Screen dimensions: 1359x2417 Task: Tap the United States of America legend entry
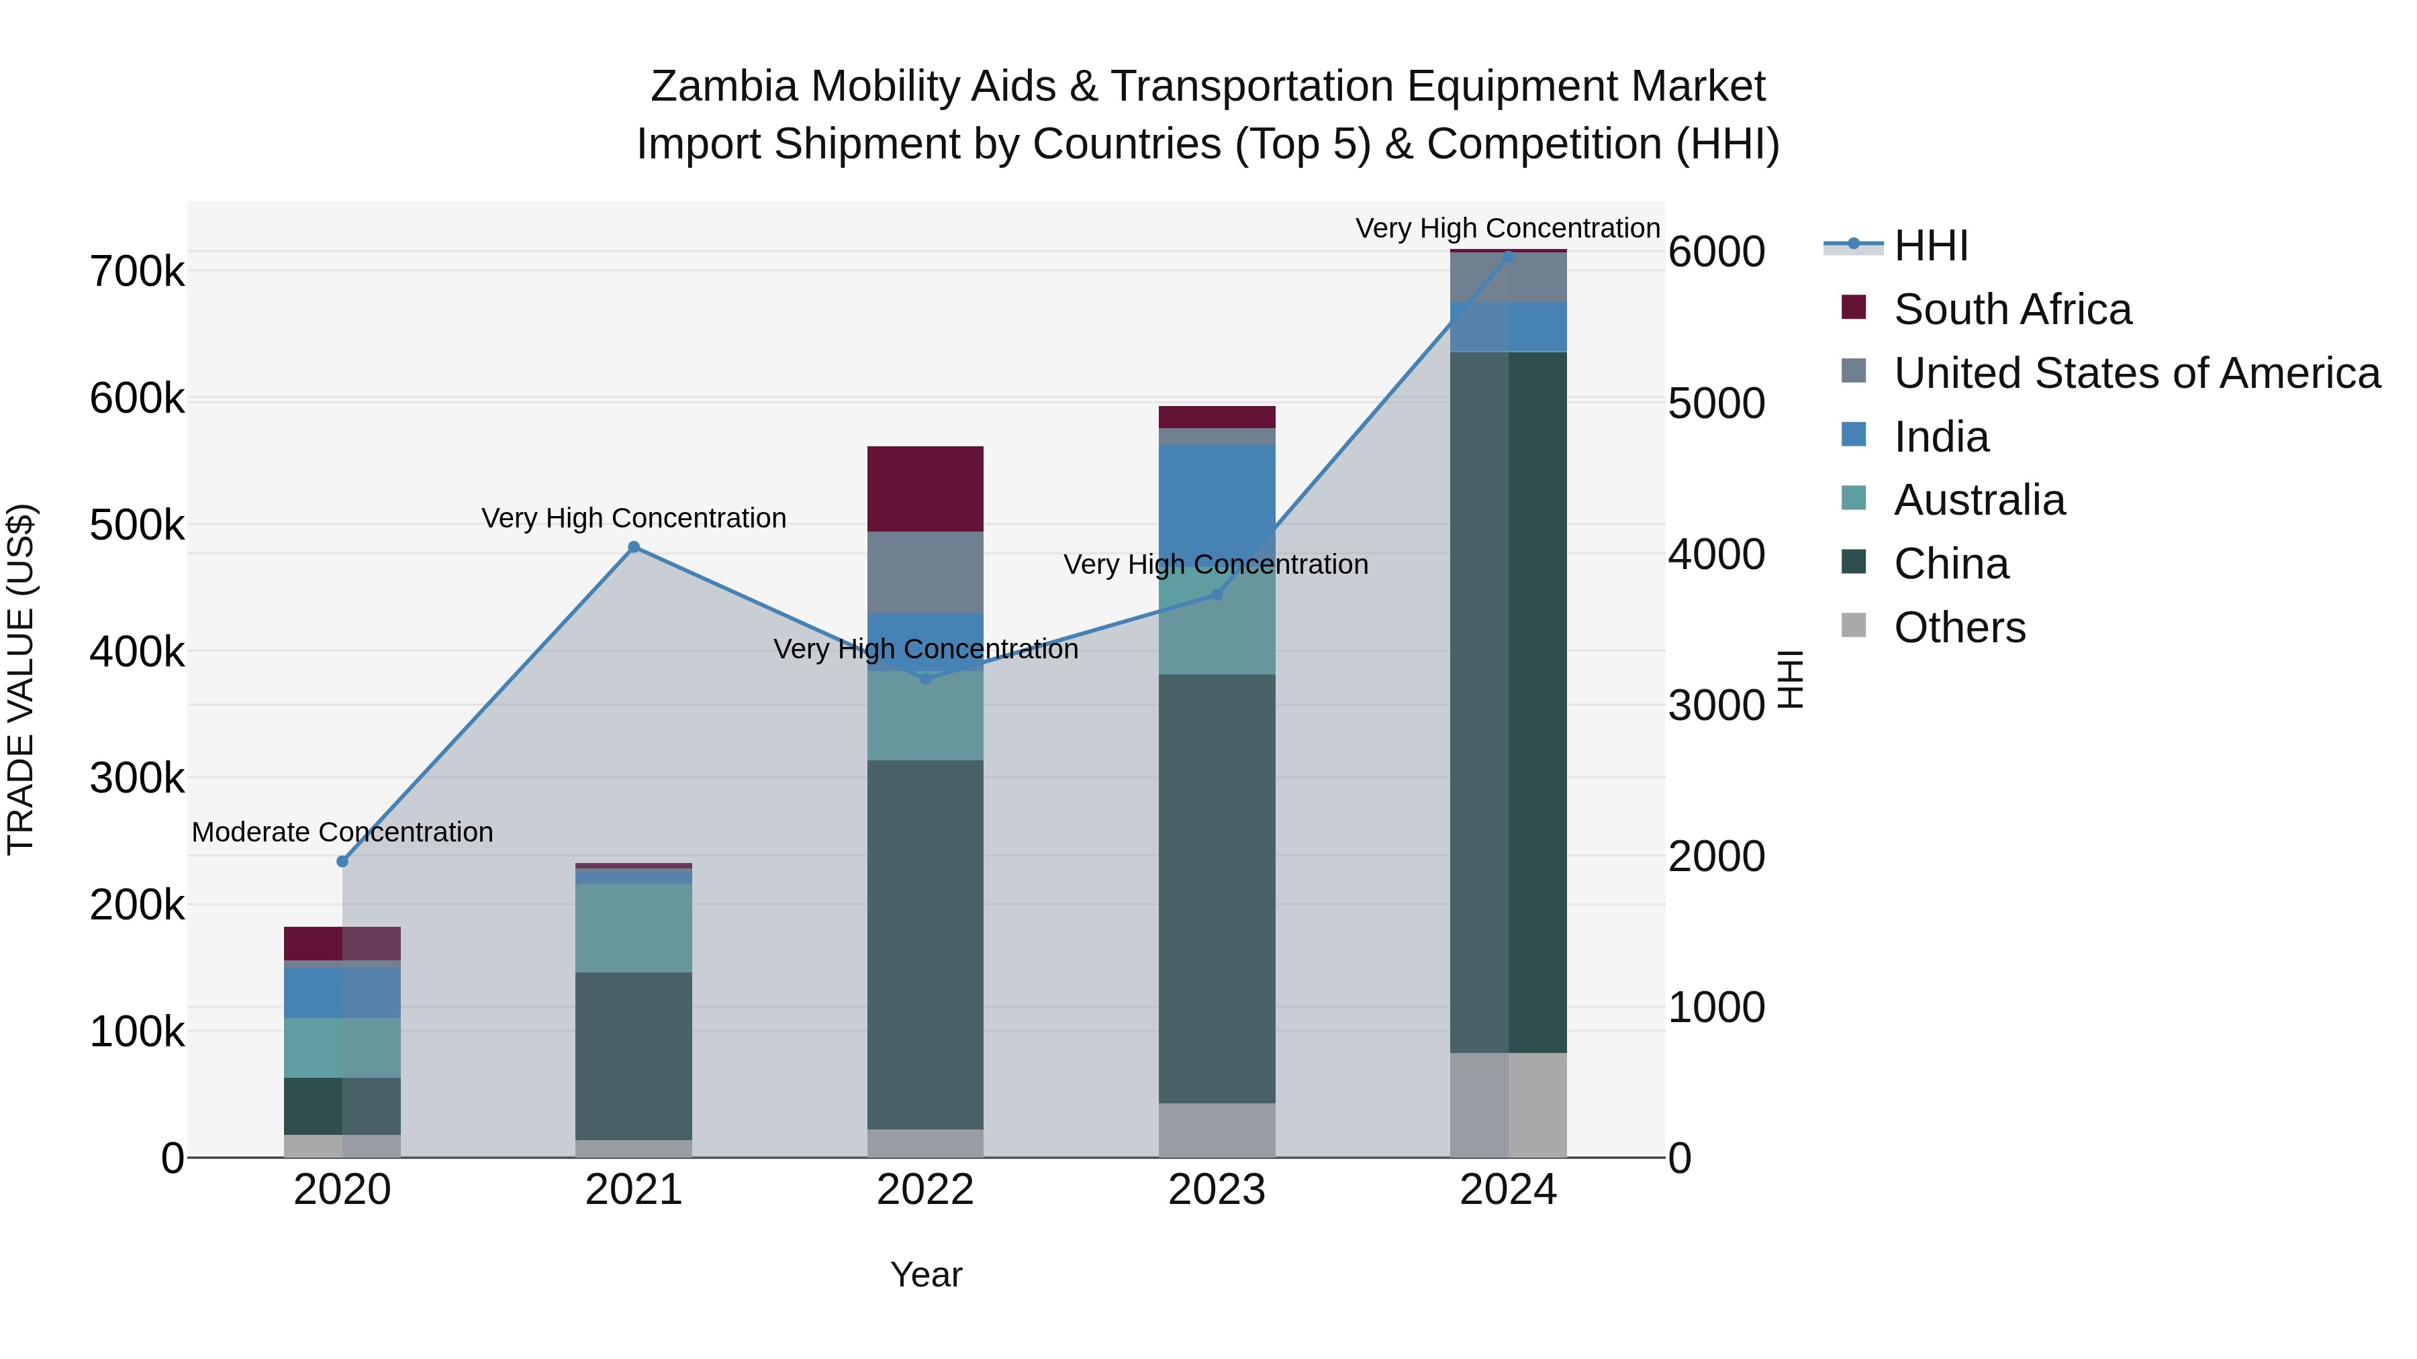[x=2136, y=373]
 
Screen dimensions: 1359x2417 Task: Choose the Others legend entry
[x=1959, y=627]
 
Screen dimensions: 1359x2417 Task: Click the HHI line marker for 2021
[x=633, y=547]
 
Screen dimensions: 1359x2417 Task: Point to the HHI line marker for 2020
[x=342, y=861]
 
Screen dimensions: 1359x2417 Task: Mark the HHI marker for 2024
[x=1508, y=255]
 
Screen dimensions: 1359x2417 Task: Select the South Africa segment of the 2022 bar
[x=925, y=489]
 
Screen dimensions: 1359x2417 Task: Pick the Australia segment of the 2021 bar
[x=633, y=927]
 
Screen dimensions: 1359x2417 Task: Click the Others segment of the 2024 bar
[x=1508, y=1104]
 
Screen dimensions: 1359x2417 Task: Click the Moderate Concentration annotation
[x=342, y=832]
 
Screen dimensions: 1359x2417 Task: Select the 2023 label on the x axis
[x=1217, y=1190]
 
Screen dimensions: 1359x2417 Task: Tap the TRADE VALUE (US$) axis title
[x=21, y=679]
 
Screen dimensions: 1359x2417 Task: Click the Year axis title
[x=926, y=1274]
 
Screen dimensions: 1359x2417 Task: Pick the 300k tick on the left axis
[x=137, y=778]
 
